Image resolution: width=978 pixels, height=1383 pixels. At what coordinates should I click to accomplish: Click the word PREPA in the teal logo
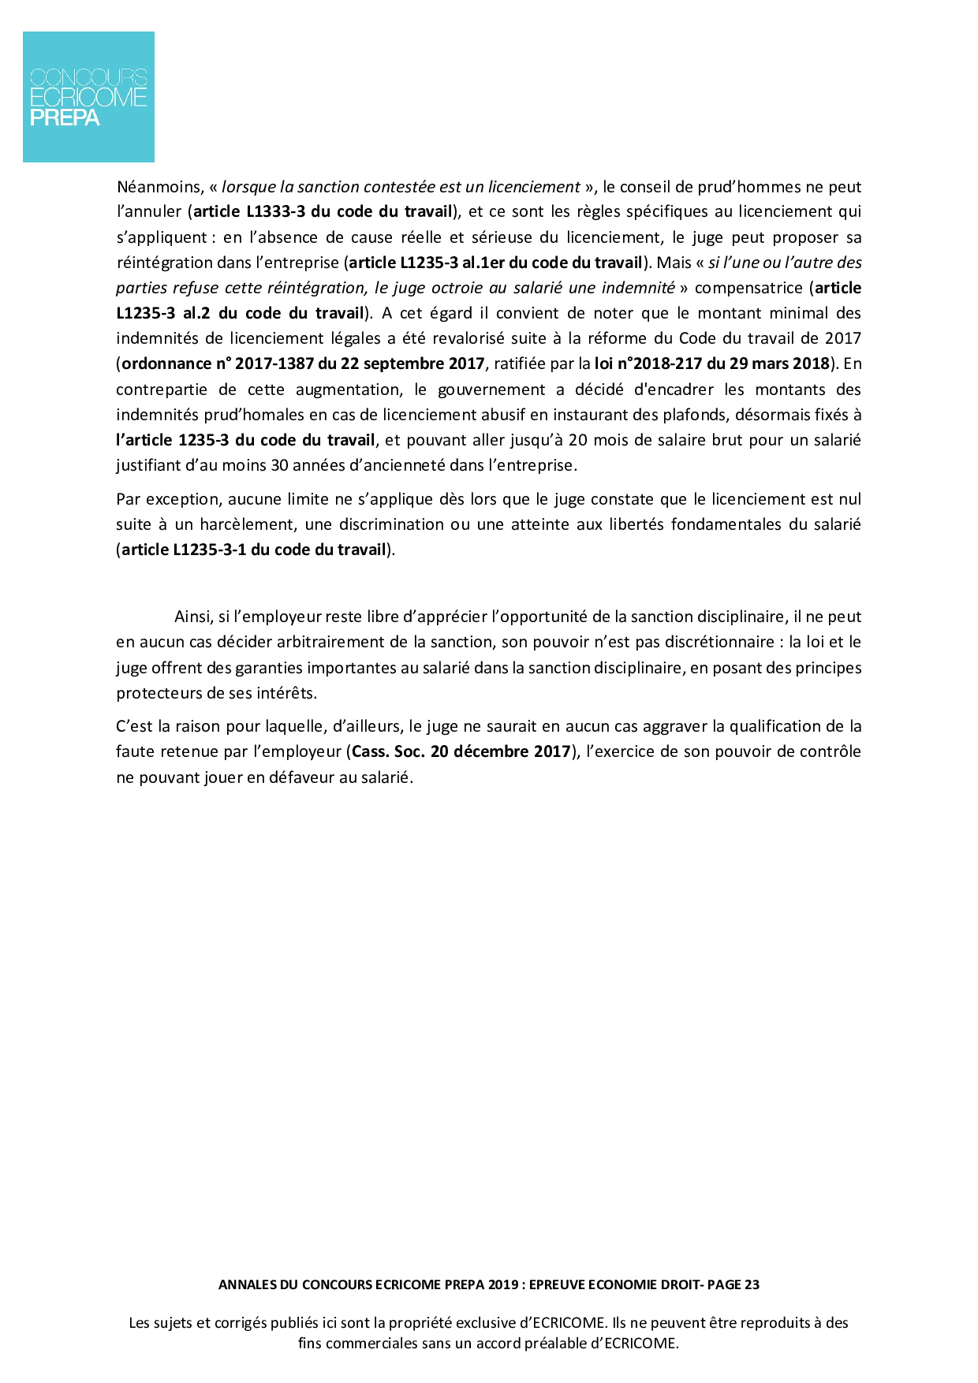tap(65, 118)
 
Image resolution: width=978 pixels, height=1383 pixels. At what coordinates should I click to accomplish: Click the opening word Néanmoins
tap(159, 187)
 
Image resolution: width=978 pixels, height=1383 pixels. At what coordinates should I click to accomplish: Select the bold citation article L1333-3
tap(250, 211)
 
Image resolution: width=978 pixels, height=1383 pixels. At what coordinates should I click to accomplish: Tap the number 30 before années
tap(280, 465)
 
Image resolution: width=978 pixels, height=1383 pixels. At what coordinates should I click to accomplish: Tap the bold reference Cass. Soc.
tap(388, 751)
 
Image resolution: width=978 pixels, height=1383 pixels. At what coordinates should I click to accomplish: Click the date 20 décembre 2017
tap(500, 751)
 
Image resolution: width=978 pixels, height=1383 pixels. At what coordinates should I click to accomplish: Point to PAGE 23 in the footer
tap(733, 1284)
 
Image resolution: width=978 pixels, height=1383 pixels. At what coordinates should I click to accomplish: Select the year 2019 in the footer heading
tap(503, 1284)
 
